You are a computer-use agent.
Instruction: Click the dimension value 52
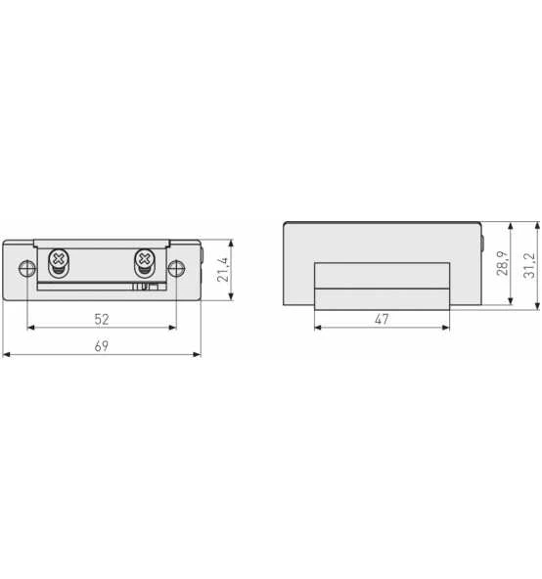click(x=102, y=319)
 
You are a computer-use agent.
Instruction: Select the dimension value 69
click(x=102, y=346)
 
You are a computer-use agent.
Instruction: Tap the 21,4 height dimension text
click(x=223, y=270)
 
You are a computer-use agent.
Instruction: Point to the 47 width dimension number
click(x=382, y=319)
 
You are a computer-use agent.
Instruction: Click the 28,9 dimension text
click(x=503, y=263)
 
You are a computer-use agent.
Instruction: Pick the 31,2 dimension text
click(x=529, y=265)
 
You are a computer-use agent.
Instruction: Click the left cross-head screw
click(x=59, y=259)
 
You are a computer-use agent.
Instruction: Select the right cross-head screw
click(x=145, y=259)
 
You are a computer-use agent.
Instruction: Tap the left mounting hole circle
click(x=27, y=269)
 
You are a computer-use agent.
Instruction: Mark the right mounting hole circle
click(x=177, y=269)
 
